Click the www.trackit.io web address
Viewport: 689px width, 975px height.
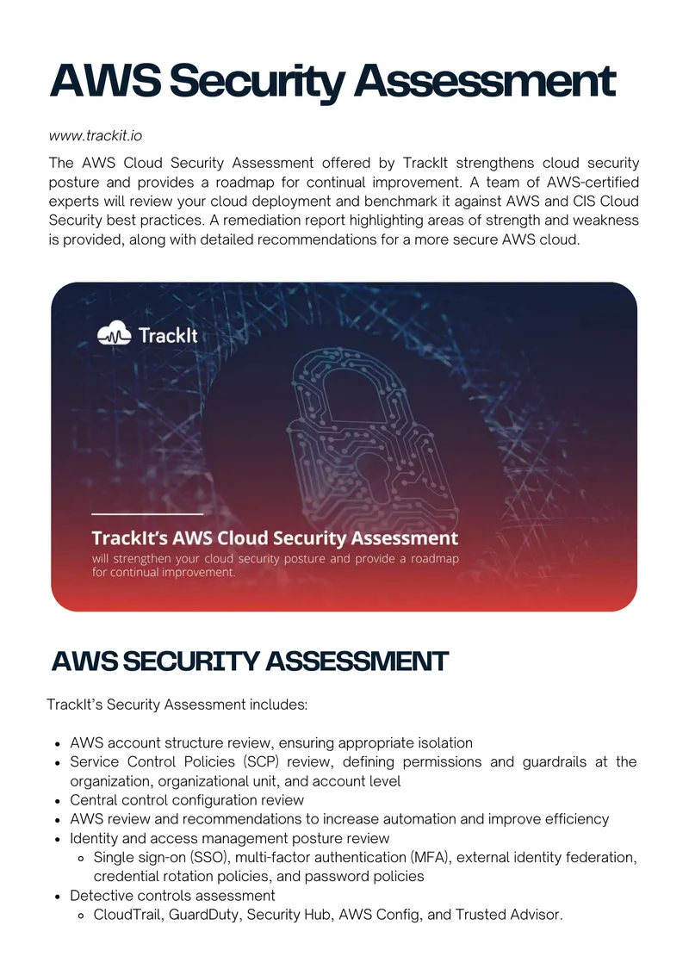pyautogui.click(x=95, y=135)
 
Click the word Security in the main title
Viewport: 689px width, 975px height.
pyautogui.click(x=258, y=83)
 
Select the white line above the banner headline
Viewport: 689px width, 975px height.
pyautogui.click(x=147, y=514)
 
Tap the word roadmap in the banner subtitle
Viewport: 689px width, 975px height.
pyautogui.click(x=435, y=558)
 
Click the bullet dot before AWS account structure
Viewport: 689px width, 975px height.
pyautogui.click(x=57, y=743)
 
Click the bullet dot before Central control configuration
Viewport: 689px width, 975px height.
pyautogui.click(x=57, y=801)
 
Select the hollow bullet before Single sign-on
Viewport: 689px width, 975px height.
pyautogui.click(x=81, y=858)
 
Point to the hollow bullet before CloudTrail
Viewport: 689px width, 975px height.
pyautogui.click(x=81, y=916)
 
